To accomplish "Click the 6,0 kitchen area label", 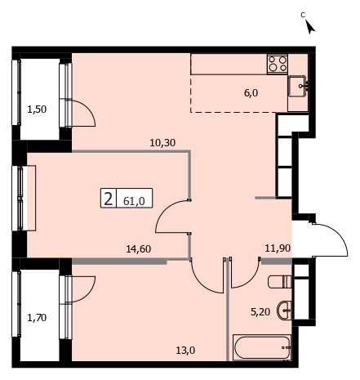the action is (251, 93).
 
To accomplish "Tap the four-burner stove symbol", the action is (278, 64).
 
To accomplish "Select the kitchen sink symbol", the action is (298, 86).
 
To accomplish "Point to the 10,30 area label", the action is (162, 143).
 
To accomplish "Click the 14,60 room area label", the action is (139, 249).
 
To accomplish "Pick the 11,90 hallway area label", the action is (278, 248).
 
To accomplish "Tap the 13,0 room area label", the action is (185, 351).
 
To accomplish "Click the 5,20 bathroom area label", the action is (260, 312).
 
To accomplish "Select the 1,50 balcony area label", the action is (37, 110).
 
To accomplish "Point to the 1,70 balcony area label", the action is (37, 318).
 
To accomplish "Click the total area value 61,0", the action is (134, 201).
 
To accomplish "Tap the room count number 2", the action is (109, 199).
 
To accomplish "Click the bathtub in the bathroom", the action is (262, 347).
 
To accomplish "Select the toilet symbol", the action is (279, 282).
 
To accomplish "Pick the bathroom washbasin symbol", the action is (284, 311).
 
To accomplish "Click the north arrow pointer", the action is (310, 27).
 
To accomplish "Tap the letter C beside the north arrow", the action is (303, 15).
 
